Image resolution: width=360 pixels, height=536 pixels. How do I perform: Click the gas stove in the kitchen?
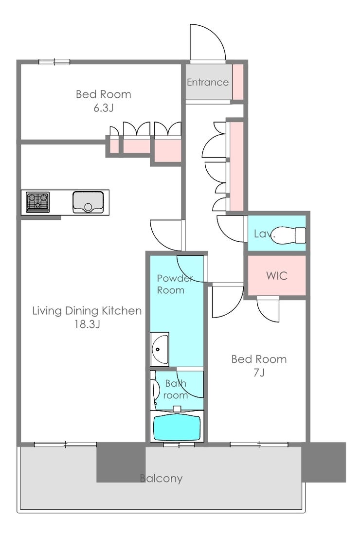tap(37, 202)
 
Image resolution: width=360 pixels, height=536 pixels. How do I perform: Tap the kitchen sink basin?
tap(88, 202)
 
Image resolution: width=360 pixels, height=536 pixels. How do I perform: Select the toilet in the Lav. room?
tap(288, 235)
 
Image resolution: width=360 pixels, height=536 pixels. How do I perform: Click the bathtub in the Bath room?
tap(177, 427)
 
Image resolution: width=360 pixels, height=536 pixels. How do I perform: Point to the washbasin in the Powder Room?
tap(159, 349)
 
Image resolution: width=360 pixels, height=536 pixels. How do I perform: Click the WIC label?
tap(277, 275)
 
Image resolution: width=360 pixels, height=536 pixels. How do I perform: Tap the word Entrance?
tap(208, 82)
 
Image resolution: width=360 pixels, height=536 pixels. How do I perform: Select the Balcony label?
tap(162, 478)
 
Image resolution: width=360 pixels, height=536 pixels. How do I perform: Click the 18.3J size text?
tap(87, 324)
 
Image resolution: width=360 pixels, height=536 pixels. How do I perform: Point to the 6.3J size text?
tap(103, 107)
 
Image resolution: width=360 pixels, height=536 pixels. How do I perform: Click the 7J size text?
tap(259, 372)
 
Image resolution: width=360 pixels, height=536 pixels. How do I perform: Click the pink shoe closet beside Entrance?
tap(237, 82)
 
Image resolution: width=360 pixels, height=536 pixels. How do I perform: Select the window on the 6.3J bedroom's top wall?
tap(54, 62)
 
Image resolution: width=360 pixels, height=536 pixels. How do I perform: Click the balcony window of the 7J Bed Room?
tap(259, 445)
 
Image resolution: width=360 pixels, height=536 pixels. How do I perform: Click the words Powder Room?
tap(175, 284)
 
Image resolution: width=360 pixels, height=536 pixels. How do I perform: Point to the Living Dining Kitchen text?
tap(87, 311)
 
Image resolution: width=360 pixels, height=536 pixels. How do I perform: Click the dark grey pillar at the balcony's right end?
tap(324, 462)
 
